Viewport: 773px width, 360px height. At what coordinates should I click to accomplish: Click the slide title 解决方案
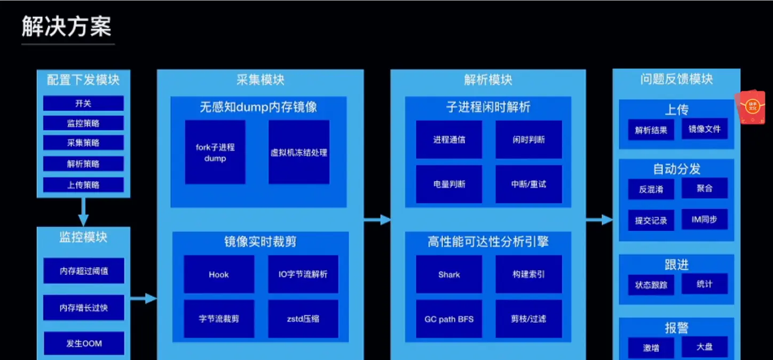click(67, 27)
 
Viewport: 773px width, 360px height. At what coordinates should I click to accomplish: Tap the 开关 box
click(83, 104)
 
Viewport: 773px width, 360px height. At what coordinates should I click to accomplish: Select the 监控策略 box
click(83, 123)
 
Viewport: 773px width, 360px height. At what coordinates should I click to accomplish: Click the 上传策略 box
click(83, 185)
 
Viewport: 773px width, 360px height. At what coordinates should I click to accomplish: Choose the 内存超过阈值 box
click(84, 271)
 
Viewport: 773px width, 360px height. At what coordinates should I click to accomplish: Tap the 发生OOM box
click(84, 343)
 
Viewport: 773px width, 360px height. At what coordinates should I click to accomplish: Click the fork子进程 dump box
click(215, 152)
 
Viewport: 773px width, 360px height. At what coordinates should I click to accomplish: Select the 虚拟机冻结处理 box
click(299, 152)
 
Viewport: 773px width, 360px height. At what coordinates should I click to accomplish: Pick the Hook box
click(219, 275)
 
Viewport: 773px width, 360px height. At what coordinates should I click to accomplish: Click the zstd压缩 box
click(303, 319)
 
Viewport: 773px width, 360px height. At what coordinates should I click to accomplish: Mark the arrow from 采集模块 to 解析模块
click(377, 219)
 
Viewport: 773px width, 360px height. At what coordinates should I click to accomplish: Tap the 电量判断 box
click(449, 184)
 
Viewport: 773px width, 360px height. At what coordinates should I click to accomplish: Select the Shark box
click(449, 275)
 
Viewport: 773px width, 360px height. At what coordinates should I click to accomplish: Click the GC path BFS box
click(449, 319)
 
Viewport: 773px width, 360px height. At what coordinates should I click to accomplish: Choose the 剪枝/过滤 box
click(529, 319)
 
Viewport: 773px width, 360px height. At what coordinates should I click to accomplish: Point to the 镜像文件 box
click(705, 129)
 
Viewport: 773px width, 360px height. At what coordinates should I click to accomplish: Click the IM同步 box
click(705, 220)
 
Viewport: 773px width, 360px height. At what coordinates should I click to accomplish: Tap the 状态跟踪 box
click(651, 285)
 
